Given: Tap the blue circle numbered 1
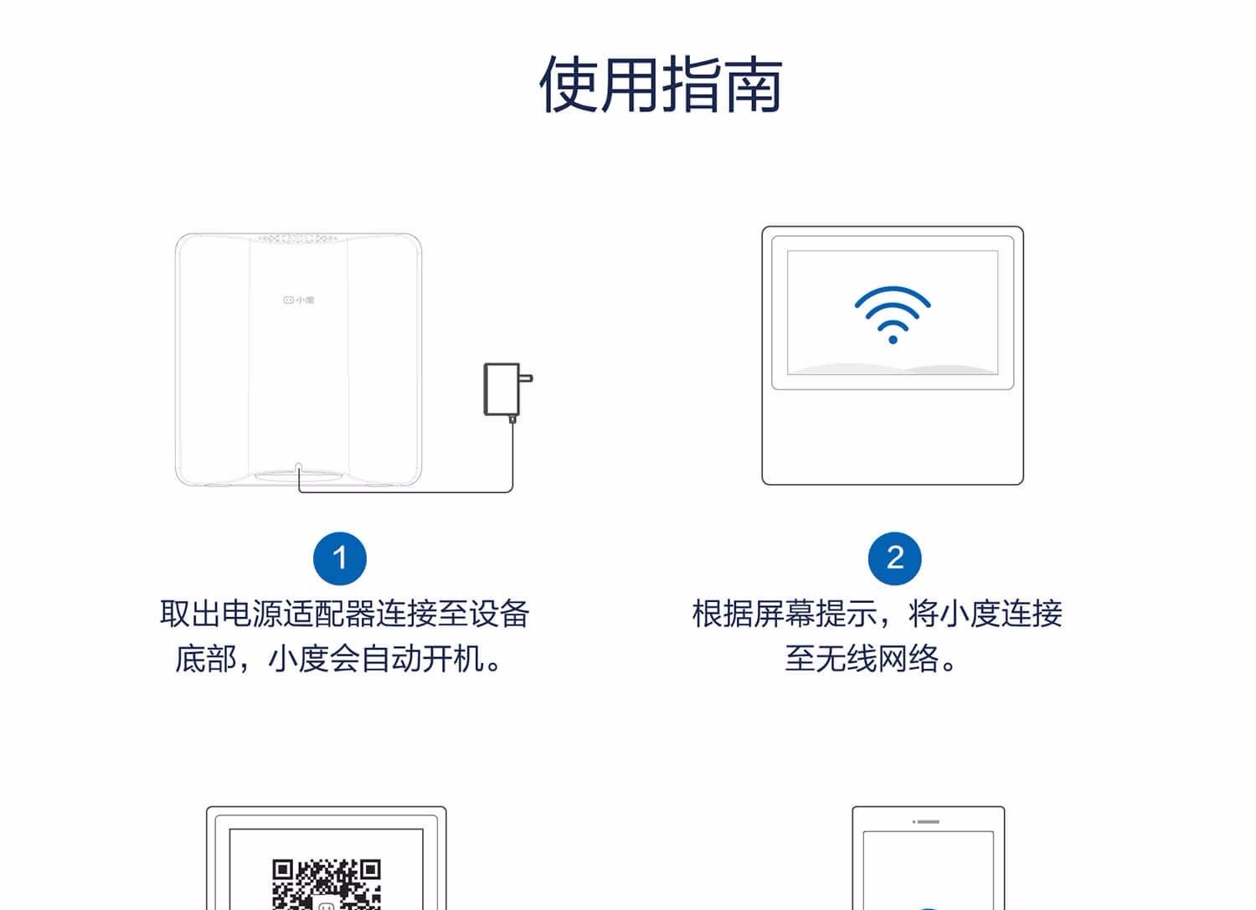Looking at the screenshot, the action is pyautogui.click(x=340, y=558).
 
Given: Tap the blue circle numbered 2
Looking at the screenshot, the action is pyautogui.click(x=895, y=558).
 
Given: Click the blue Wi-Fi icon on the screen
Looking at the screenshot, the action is pyautogui.click(x=893, y=315).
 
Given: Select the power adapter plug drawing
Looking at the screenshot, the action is pyautogui.click(x=508, y=391).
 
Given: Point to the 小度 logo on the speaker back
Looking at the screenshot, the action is pyautogui.click(x=299, y=300).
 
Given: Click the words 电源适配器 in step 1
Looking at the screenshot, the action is pyautogui.click(x=298, y=614).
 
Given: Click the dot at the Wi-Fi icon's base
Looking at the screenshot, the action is pyautogui.click(x=893, y=340).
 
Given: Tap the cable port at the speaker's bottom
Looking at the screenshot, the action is pyautogui.click(x=298, y=466).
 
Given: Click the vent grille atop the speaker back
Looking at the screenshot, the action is pyautogui.click(x=297, y=239).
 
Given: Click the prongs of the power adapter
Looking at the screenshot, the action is pyautogui.click(x=526, y=378).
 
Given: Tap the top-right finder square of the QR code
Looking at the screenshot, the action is pyautogui.click(x=370, y=870).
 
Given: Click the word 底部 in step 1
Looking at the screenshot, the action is pyautogui.click(x=206, y=658).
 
